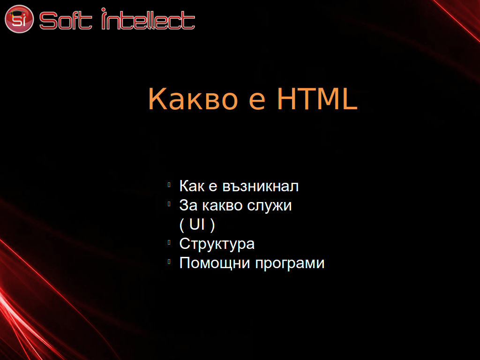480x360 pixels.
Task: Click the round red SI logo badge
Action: pos(19,19)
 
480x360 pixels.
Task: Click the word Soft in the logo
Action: pos(66,21)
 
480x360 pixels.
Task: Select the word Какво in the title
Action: pos(193,98)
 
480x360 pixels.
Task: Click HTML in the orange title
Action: pos(317,98)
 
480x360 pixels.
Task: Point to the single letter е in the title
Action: pos(257,101)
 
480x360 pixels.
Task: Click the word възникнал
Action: pos(260,187)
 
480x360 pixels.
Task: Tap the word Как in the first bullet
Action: pos(192,186)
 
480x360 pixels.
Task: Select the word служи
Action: pos(270,206)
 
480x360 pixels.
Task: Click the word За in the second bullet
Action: pos(188,205)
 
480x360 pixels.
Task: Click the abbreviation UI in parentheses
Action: pos(197,224)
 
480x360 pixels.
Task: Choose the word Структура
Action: pos(217,244)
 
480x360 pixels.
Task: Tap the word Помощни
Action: pos(215,263)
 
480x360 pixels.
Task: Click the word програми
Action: pos(290,264)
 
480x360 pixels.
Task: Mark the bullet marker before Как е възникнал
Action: pos(169,185)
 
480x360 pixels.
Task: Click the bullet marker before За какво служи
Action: pos(169,204)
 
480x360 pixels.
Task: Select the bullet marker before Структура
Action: pos(169,242)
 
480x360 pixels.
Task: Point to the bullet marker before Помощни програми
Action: pos(169,262)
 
